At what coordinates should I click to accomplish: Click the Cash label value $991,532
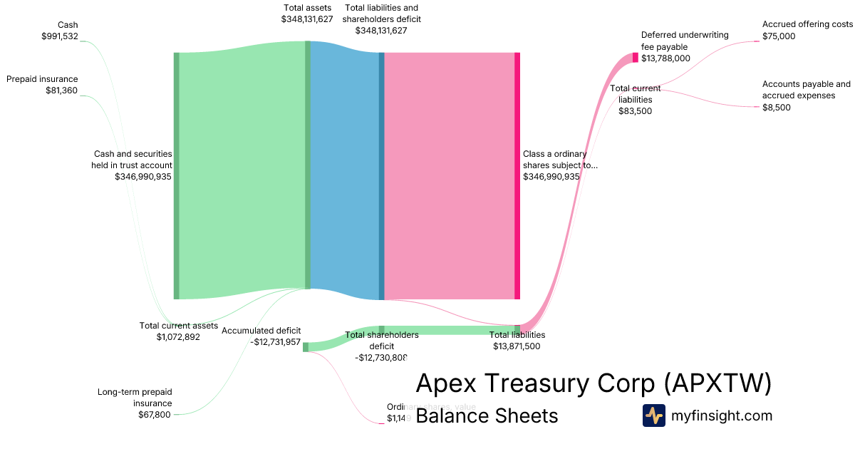60,36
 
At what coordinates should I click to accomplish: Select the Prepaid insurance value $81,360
61,91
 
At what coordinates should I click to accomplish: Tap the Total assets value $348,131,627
307,19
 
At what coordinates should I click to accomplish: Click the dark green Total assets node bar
308,164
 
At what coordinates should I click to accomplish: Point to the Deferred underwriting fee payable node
636,58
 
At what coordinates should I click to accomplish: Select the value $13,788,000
665,58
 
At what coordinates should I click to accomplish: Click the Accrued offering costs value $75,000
779,36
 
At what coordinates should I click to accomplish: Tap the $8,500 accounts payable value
777,108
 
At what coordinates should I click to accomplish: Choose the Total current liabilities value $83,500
635,110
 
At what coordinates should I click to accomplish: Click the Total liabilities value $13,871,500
517,346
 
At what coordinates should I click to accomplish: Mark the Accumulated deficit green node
306,347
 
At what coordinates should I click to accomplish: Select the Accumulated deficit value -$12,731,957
276,342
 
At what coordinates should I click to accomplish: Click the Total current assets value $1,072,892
178,337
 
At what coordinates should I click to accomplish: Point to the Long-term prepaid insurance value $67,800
155,415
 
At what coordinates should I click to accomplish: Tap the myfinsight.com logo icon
653,416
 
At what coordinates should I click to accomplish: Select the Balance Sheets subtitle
487,416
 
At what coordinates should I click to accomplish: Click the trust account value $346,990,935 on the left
143,177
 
